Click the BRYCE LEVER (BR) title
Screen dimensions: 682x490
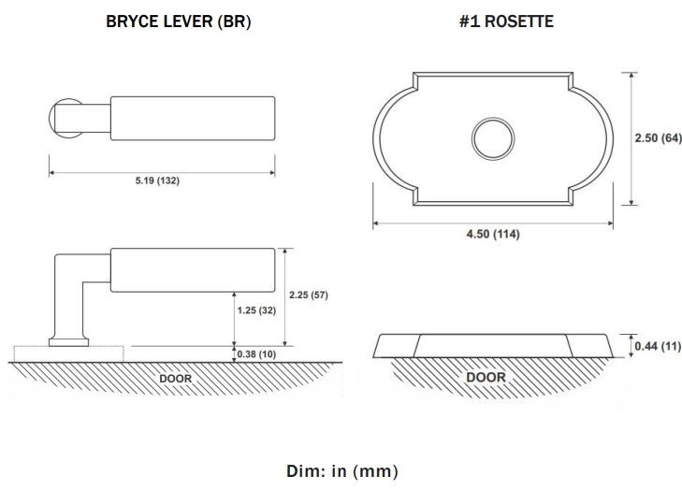179,22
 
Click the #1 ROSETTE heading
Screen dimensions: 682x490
506,22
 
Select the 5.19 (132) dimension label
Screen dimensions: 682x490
157,180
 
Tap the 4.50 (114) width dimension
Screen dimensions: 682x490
493,234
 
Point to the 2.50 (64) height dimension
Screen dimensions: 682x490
658,137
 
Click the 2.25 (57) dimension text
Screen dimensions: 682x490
309,295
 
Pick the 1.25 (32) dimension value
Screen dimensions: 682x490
256,310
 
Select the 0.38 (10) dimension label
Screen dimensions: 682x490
256,354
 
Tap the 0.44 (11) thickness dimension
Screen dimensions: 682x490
658,346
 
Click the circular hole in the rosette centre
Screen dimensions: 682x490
493,118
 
